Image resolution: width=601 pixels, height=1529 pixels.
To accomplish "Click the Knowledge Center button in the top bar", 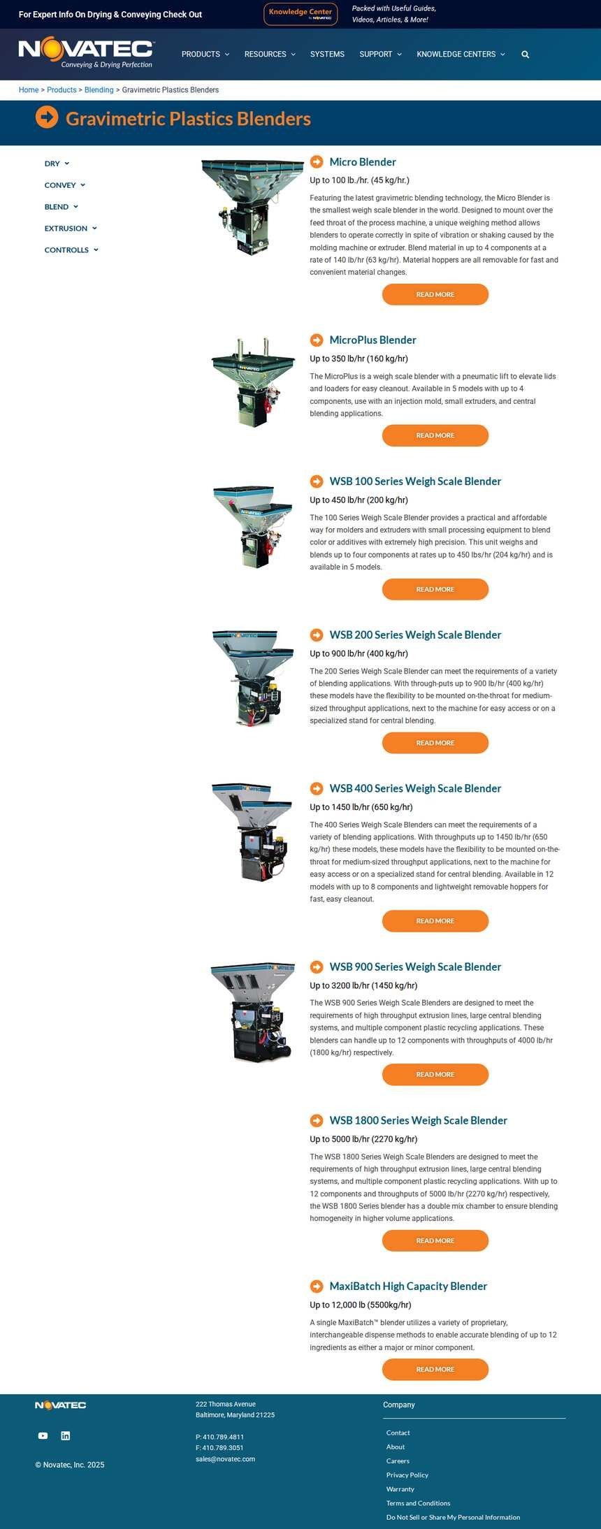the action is click(x=300, y=14).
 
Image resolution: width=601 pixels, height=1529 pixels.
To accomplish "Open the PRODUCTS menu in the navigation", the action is click(x=205, y=55).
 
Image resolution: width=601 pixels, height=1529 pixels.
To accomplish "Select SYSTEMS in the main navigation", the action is click(x=327, y=55).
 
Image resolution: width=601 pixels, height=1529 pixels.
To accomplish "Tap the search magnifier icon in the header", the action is click(x=526, y=55).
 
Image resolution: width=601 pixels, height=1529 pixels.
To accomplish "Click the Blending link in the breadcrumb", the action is click(x=99, y=90).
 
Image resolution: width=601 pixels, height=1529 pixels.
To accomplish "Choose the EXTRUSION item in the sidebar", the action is click(x=71, y=229).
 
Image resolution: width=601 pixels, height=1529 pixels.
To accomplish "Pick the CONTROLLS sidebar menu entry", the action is click(x=71, y=250).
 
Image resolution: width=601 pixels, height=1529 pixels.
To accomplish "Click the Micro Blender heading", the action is click(x=363, y=162).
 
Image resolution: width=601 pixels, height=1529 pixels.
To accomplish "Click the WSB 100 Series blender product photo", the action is click(x=253, y=526).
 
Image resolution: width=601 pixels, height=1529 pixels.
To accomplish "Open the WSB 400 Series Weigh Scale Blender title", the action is click(x=415, y=788).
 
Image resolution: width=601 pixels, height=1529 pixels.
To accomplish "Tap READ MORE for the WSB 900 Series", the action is click(x=435, y=1074).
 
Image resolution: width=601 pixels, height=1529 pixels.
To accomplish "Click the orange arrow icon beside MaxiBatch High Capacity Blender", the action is click(x=317, y=1286).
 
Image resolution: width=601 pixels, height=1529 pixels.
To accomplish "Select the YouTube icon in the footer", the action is click(x=43, y=1435).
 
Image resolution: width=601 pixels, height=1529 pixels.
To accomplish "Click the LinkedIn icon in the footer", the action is click(x=66, y=1435).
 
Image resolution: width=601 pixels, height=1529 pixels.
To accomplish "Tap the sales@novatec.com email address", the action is click(x=225, y=1458).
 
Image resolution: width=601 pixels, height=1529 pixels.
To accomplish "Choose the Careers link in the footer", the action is click(x=398, y=1461).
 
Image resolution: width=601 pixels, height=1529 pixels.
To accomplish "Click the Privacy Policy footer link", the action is click(x=407, y=1474).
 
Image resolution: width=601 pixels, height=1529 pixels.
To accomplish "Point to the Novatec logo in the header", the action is click(x=86, y=54).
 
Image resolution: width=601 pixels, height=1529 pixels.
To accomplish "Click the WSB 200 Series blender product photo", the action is click(x=253, y=678).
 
